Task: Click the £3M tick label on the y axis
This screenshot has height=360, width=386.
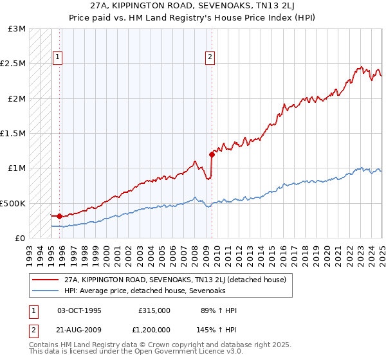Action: [x=17, y=29]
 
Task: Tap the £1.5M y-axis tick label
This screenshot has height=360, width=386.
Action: [x=14, y=134]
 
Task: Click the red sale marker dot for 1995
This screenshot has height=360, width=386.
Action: [x=59, y=216]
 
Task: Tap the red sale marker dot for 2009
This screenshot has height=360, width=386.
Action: [x=212, y=154]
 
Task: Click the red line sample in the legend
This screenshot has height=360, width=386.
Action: [x=45, y=280]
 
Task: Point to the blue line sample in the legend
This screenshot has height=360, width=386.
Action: [x=45, y=291]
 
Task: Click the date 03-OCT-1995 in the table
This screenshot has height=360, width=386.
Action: [x=80, y=310]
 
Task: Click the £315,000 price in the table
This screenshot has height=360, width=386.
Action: [x=154, y=310]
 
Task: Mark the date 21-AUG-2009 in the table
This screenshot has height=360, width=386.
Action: [x=80, y=329]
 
